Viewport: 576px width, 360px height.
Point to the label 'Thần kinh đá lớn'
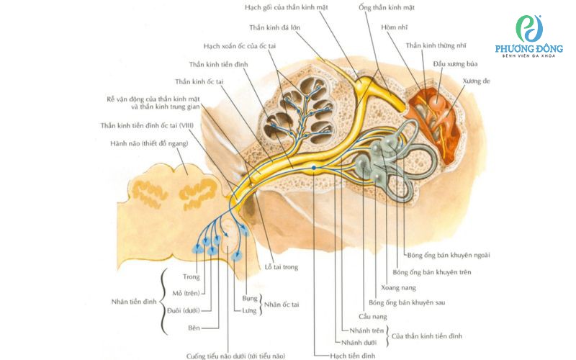(275, 27)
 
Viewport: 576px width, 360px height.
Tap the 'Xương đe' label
(477, 81)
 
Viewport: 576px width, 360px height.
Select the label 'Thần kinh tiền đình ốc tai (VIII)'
(147, 125)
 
